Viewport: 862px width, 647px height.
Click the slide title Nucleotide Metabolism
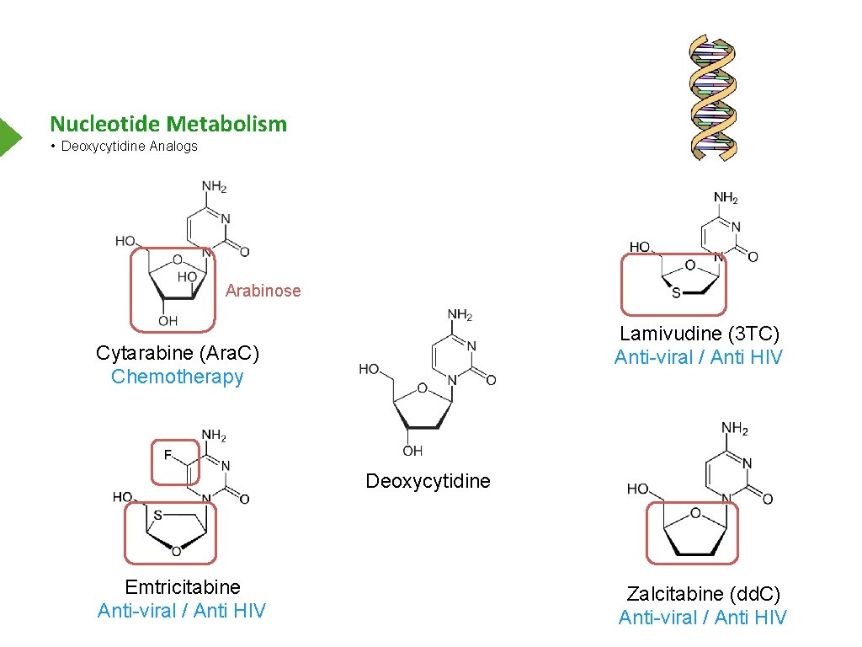168,125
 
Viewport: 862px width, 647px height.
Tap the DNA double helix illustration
714,97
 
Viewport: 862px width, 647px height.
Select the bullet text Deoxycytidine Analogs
130,147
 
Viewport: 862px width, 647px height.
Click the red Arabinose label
263,291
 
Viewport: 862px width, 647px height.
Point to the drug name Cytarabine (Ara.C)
177,353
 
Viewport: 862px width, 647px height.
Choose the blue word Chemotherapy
177,377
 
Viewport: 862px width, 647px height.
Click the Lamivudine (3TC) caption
700,334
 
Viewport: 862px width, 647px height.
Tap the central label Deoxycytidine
428,481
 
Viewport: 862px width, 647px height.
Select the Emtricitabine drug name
183,587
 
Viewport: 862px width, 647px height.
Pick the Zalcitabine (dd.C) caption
704,594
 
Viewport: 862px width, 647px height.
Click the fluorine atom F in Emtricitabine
168,455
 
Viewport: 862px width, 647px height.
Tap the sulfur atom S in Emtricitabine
157,514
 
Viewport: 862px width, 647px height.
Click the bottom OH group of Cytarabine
168,321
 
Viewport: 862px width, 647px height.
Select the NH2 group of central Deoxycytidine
460,315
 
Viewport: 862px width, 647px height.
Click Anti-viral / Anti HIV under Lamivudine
699,357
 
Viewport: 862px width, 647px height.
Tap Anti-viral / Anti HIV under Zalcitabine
703,618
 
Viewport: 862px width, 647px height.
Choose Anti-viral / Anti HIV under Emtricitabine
182,611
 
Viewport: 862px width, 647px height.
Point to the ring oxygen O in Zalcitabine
695,513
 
